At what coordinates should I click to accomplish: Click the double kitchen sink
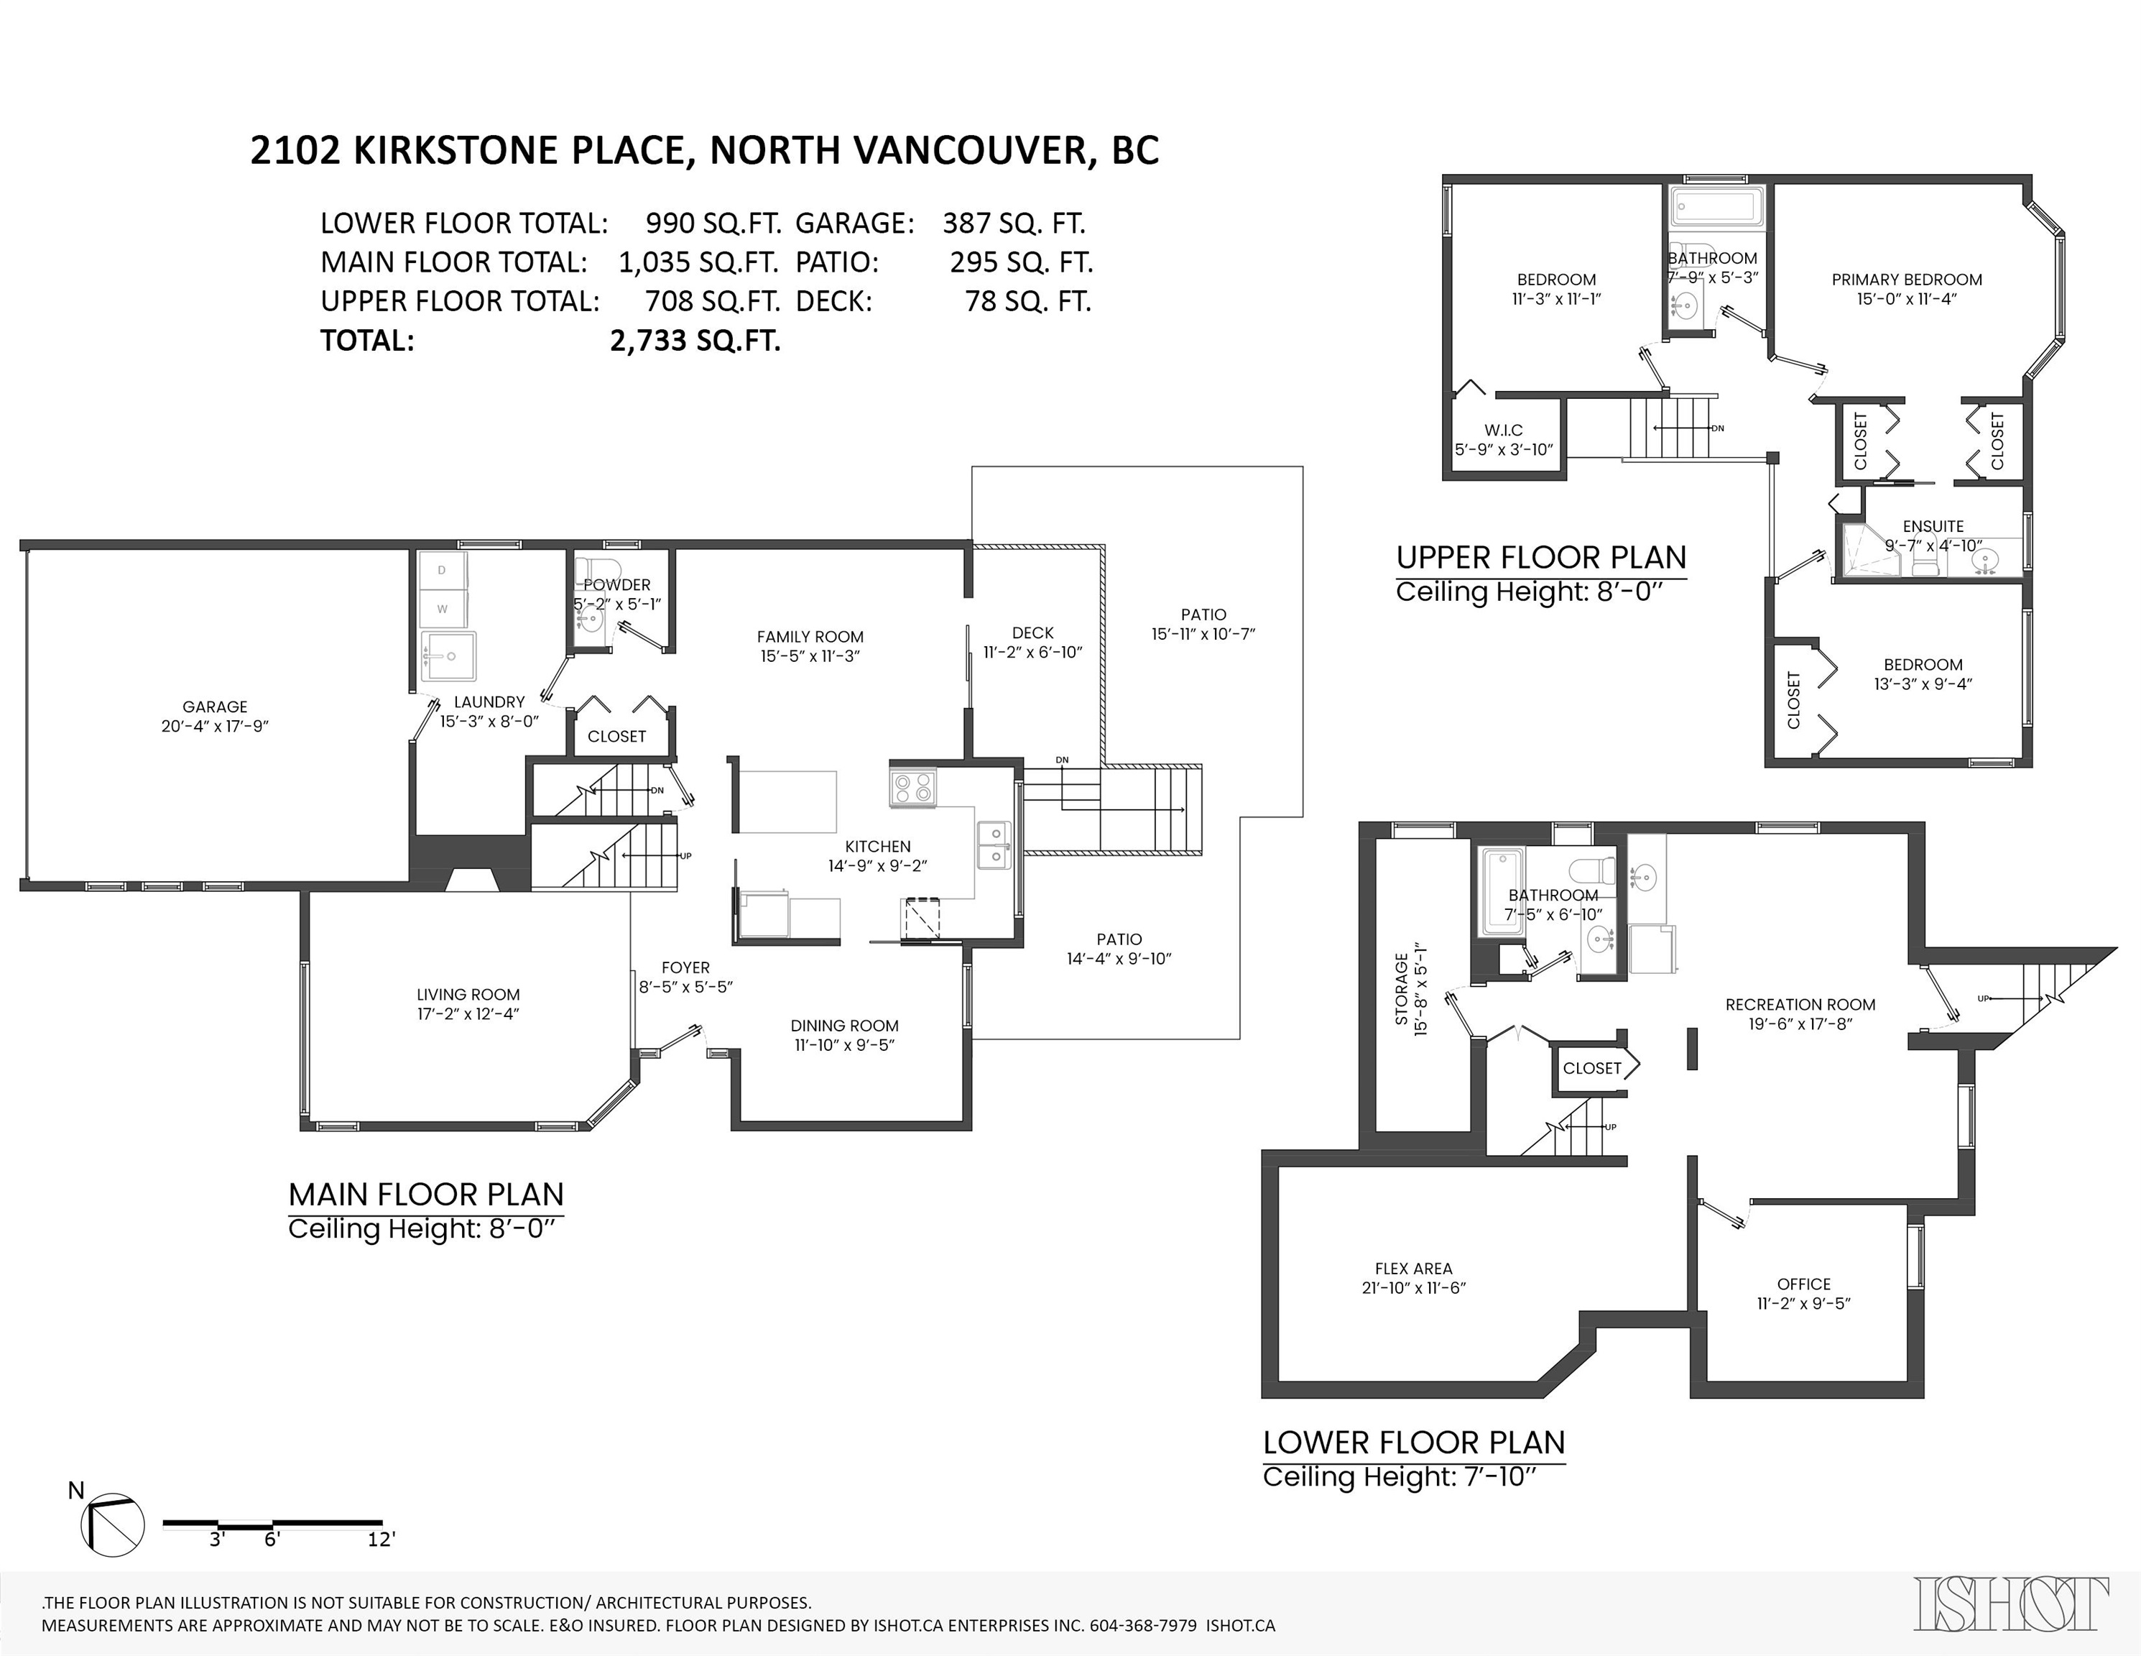coord(995,845)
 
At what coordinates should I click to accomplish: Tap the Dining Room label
coord(844,1026)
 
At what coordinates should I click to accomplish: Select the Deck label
coord(1032,633)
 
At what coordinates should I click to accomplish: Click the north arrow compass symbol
coord(113,1524)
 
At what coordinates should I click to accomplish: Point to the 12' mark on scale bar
coord(380,1540)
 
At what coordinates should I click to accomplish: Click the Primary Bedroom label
coord(1907,280)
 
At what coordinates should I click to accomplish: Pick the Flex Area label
coord(1412,1269)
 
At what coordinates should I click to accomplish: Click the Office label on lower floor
coord(1804,1284)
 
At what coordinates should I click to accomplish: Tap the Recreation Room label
coord(1800,1005)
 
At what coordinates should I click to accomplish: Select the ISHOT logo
coord(2012,1605)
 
